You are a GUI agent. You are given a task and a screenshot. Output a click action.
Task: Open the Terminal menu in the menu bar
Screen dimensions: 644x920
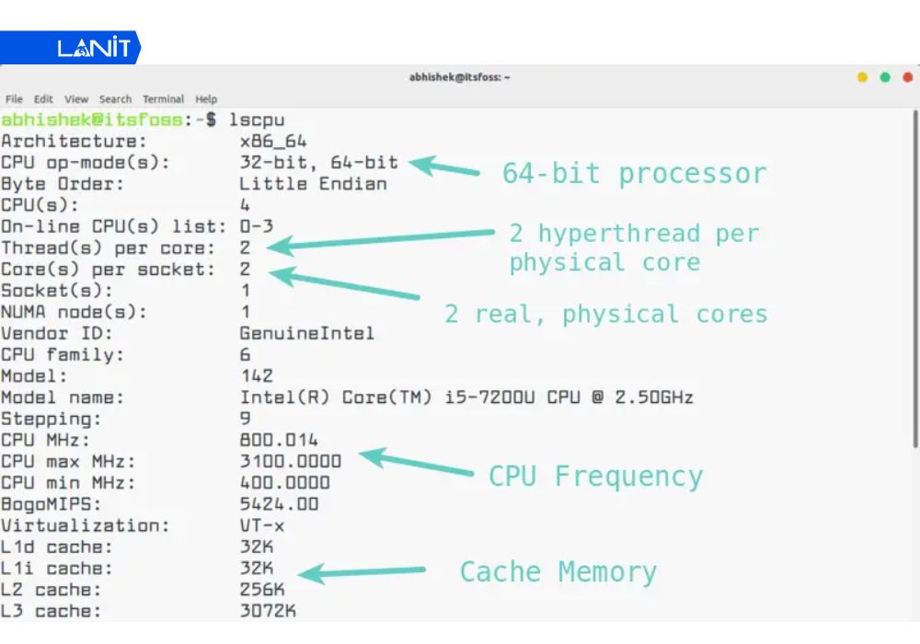point(163,99)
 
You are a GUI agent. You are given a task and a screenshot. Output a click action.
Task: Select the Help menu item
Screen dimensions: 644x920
point(206,99)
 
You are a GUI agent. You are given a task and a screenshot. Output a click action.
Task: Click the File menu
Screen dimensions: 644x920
point(14,99)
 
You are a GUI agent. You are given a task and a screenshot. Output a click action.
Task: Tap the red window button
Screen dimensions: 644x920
point(907,77)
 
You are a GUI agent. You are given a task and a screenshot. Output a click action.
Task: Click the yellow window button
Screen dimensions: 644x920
point(862,77)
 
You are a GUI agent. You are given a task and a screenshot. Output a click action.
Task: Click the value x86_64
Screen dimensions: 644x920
point(273,142)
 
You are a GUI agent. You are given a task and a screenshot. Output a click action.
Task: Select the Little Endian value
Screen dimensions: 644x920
point(313,184)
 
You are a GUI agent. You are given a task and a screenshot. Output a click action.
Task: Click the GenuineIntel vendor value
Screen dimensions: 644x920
point(306,333)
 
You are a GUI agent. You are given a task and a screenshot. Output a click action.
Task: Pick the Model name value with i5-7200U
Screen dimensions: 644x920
point(466,397)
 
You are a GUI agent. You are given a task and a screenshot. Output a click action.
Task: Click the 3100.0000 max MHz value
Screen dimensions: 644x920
point(290,461)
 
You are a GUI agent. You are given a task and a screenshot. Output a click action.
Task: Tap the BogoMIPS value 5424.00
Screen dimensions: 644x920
point(279,504)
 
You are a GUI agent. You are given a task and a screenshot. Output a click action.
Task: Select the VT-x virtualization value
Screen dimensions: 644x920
point(262,525)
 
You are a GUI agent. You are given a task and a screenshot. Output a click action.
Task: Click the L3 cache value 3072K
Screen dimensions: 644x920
point(268,611)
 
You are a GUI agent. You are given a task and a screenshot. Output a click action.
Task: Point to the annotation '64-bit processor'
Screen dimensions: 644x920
point(634,174)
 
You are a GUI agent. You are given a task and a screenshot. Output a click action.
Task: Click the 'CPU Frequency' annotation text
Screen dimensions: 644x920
point(595,477)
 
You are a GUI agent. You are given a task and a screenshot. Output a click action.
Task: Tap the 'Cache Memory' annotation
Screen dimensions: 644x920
point(558,572)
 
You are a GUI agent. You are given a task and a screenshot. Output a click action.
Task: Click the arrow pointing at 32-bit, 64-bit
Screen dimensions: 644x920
point(444,167)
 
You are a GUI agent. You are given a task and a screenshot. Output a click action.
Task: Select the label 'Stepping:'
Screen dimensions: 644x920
point(52,419)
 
